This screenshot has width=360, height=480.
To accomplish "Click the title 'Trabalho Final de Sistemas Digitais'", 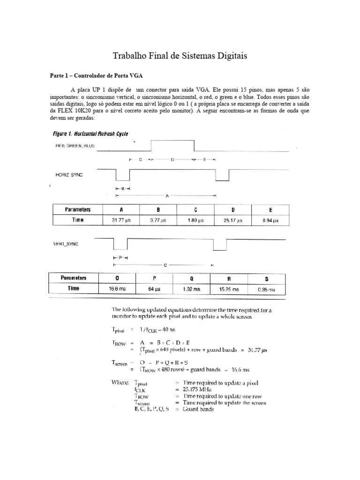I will tap(180, 56).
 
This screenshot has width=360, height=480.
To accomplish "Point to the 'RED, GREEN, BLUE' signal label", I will tap(75, 146).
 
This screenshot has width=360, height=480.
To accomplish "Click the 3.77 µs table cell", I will tap(158, 220).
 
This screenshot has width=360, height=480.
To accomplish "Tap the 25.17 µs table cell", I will tap(233, 220).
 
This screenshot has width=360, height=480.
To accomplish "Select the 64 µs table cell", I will tap(154, 289).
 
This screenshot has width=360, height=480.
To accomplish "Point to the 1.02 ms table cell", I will tap(191, 289).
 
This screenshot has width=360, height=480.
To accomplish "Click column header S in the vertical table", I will tap(266, 278).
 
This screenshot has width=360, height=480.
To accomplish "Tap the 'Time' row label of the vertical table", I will tap(72, 289).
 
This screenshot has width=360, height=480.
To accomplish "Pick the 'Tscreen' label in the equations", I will tap(120, 363).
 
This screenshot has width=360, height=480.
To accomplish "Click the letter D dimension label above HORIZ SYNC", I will tap(172, 160).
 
